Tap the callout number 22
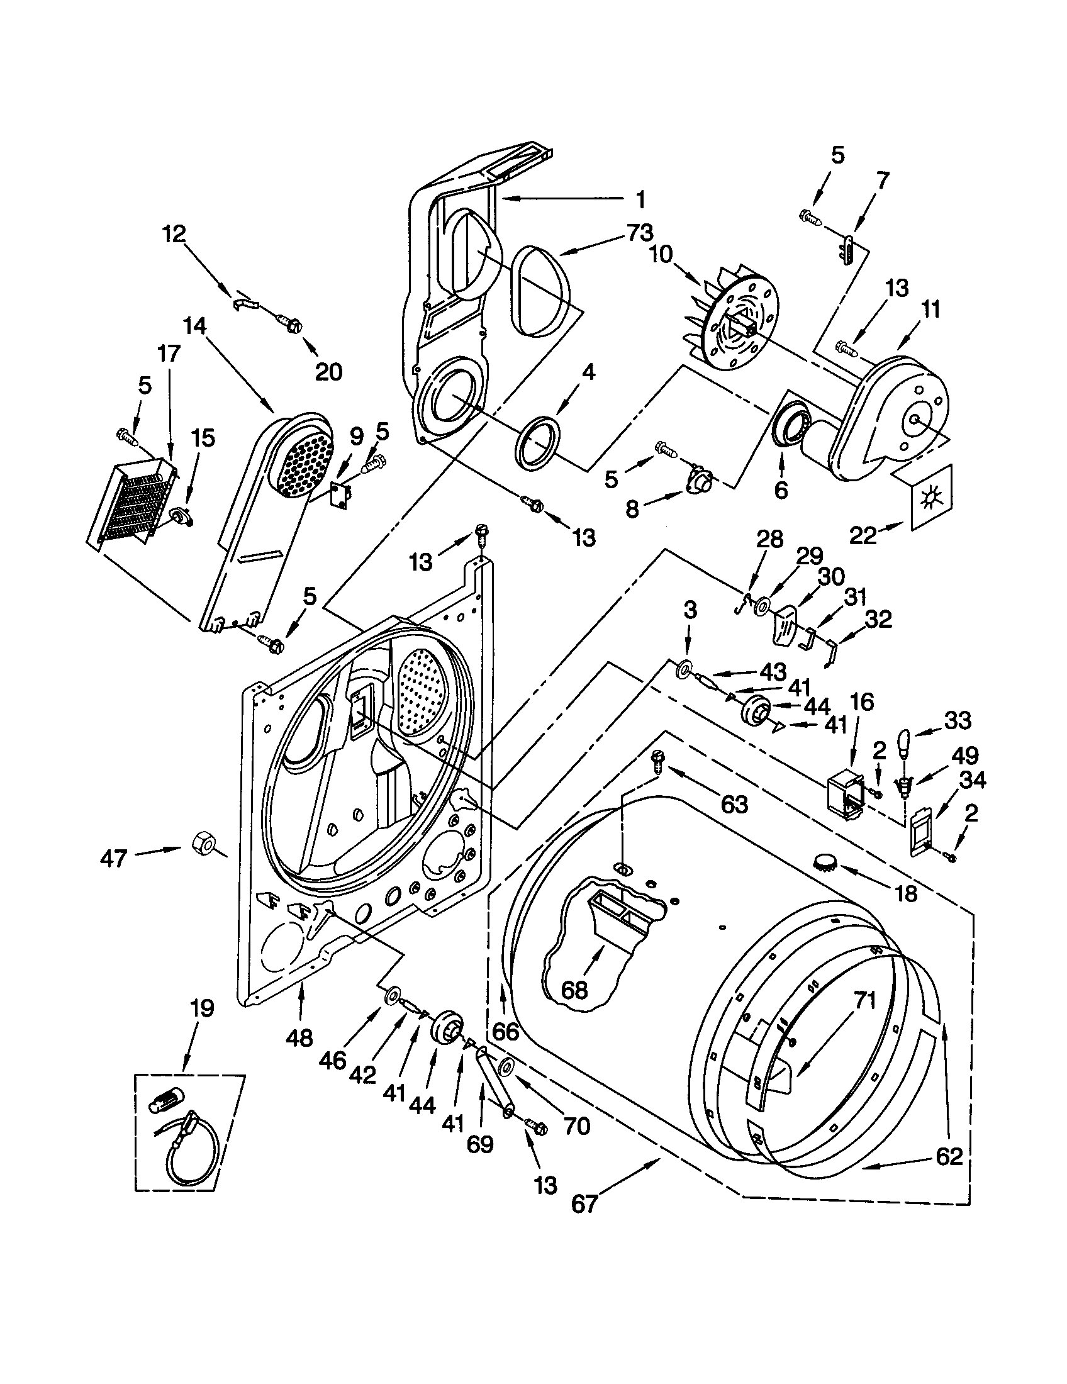pyautogui.click(x=864, y=535)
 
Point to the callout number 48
pyautogui.click(x=299, y=1037)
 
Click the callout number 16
pyautogui.click(x=863, y=701)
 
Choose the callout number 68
pyautogui.click(x=574, y=989)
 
